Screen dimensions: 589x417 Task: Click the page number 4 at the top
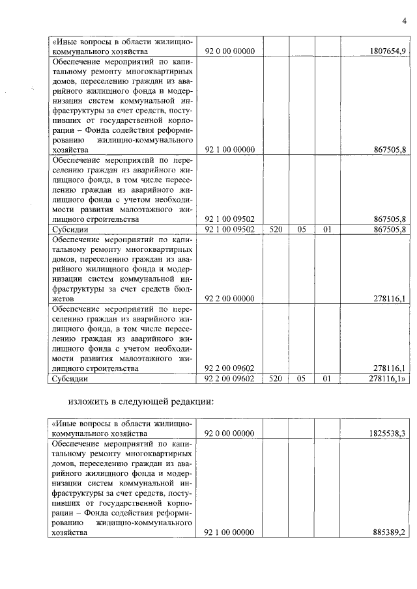click(x=403, y=21)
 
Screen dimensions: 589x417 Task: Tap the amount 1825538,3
click(x=387, y=433)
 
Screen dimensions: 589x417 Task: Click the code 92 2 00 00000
click(x=230, y=299)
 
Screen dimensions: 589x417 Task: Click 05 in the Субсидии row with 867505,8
click(x=301, y=229)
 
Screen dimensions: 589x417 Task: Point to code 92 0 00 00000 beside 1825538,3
click(x=230, y=433)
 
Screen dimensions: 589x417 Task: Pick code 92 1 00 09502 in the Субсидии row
click(x=230, y=229)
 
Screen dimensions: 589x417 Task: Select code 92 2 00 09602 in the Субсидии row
click(x=230, y=378)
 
